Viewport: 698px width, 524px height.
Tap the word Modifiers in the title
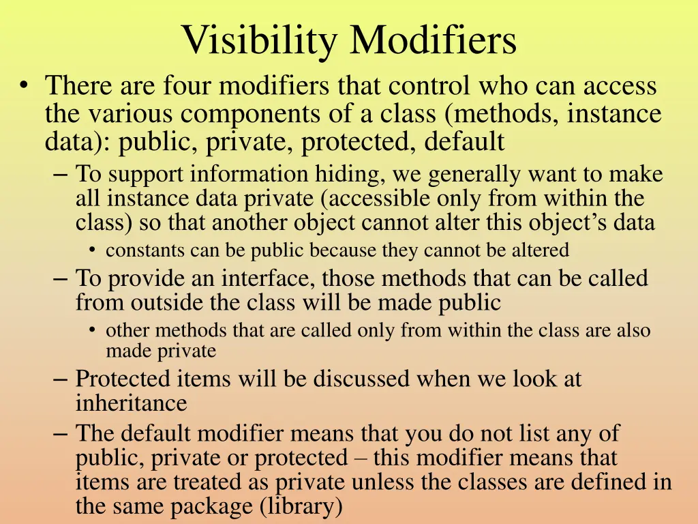[x=434, y=41]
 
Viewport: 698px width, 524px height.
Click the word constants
[x=145, y=250]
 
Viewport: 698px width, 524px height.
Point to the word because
[x=344, y=250]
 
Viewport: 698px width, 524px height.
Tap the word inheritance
[x=131, y=403]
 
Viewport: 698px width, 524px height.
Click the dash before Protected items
[x=59, y=378]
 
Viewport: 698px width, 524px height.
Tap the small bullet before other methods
[x=92, y=330]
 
